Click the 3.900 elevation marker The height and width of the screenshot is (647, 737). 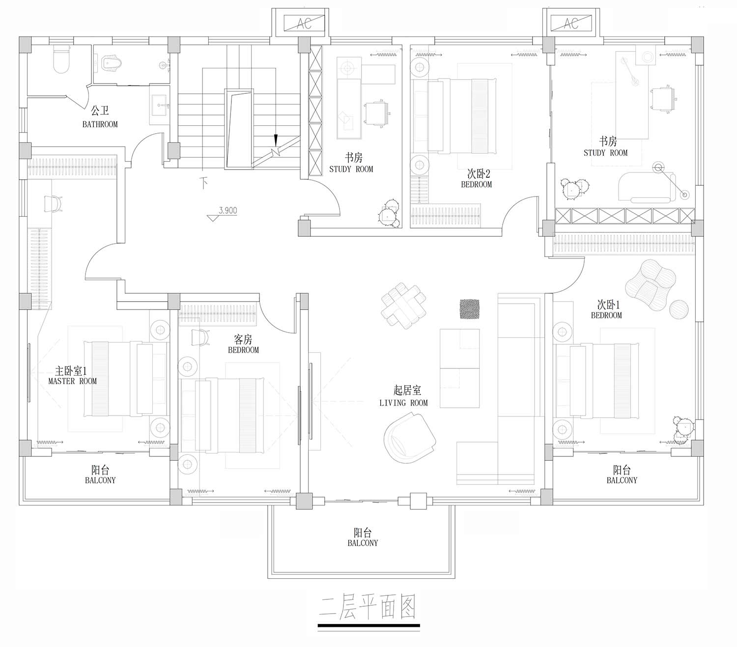click(x=222, y=214)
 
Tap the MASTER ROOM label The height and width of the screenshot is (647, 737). click(x=72, y=381)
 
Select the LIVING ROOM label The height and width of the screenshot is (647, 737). click(x=403, y=403)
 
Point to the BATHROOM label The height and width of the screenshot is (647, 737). click(x=100, y=124)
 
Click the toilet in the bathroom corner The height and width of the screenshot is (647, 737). click(x=61, y=59)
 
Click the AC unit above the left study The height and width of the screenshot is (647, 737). click(x=304, y=24)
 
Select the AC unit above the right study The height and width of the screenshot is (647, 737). click(x=571, y=24)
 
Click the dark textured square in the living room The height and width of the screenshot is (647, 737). click(x=469, y=309)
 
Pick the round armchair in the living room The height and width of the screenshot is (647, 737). click(x=410, y=438)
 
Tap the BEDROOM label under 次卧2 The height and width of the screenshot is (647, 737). click(x=476, y=184)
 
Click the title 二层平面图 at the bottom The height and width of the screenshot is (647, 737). click(x=368, y=607)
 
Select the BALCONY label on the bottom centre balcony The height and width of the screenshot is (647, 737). click(x=363, y=543)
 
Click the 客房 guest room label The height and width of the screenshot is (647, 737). click(x=243, y=339)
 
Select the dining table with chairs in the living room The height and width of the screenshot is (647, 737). click(x=403, y=306)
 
